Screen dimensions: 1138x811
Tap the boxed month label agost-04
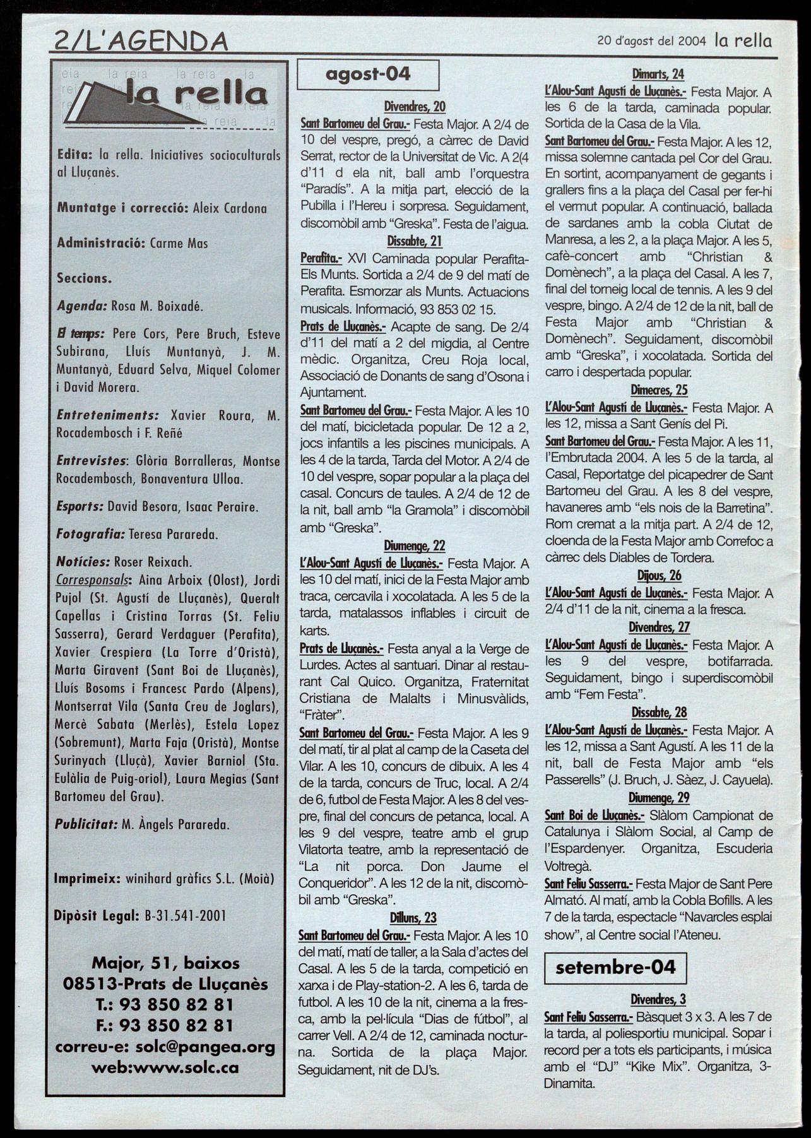[368, 74]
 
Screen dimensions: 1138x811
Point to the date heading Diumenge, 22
[414, 545]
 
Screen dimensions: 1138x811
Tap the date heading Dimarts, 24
[658, 74]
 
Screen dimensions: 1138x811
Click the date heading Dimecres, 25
[659, 390]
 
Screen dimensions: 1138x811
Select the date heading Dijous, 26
[659, 575]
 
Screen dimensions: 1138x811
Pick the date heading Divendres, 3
[658, 999]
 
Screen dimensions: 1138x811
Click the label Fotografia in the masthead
[89, 534]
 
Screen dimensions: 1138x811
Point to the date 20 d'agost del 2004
[652, 42]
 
